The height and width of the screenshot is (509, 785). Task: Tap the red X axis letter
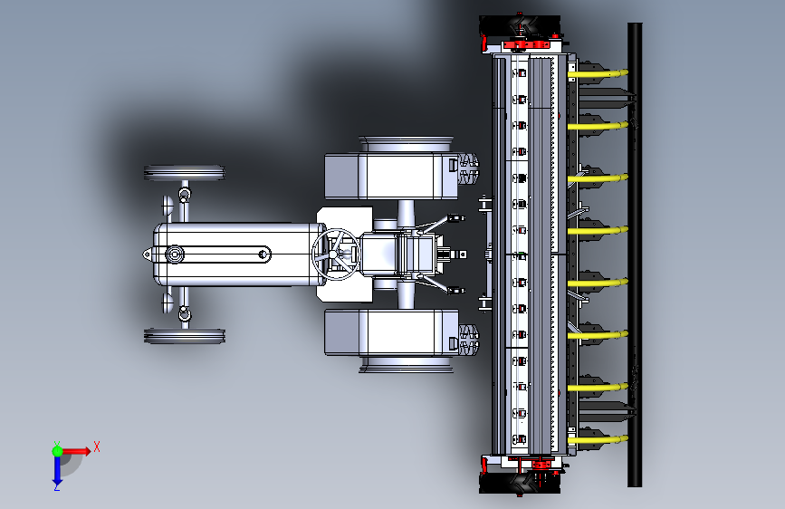point(97,447)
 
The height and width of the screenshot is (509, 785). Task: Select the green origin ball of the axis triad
point(58,451)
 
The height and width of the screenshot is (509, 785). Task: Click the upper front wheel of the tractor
point(184,173)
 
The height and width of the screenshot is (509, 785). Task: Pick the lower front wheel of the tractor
point(184,336)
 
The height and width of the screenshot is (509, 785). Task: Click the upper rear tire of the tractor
point(406,144)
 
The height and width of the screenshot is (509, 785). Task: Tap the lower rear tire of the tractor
point(406,364)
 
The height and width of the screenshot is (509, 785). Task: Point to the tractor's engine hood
point(239,254)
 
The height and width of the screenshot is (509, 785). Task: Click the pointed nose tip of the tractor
point(144,254)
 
